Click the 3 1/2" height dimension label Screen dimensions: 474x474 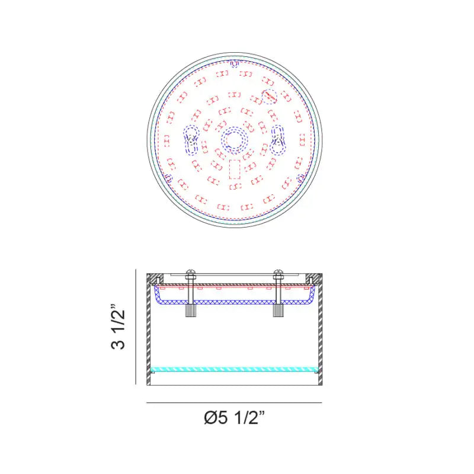point(118,326)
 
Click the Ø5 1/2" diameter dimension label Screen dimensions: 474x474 point(235,418)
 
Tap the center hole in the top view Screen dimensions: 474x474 point(234,140)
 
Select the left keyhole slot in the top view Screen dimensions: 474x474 point(191,140)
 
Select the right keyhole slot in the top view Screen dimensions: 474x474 point(277,140)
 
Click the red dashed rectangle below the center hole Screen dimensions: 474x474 point(235,169)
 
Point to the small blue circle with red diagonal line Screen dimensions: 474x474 point(270,97)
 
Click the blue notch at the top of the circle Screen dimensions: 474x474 point(235,64)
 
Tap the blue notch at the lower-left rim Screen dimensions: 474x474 point(169,178)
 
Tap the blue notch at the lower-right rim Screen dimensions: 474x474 point(300,178)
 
